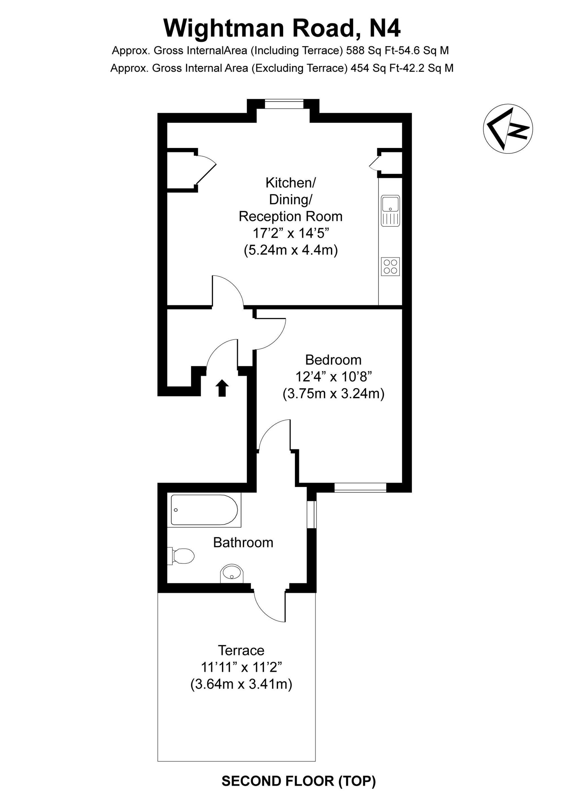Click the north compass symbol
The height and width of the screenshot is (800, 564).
point(508,129)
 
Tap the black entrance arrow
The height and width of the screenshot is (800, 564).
point(222,388)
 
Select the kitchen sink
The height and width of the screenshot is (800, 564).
point(390,211)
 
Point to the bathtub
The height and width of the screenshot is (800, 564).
point(204,510)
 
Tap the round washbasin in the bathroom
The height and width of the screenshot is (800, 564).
point(232,574)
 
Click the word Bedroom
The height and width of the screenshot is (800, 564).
point(333,360)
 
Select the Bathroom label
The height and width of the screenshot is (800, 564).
point(243,543)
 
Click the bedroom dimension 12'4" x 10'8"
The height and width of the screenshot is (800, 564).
point(334,377)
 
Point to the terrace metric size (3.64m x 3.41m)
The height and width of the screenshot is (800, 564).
point(241,684)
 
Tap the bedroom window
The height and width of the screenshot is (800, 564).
point(360,487)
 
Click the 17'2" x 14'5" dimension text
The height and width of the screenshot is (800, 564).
point(291,233)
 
